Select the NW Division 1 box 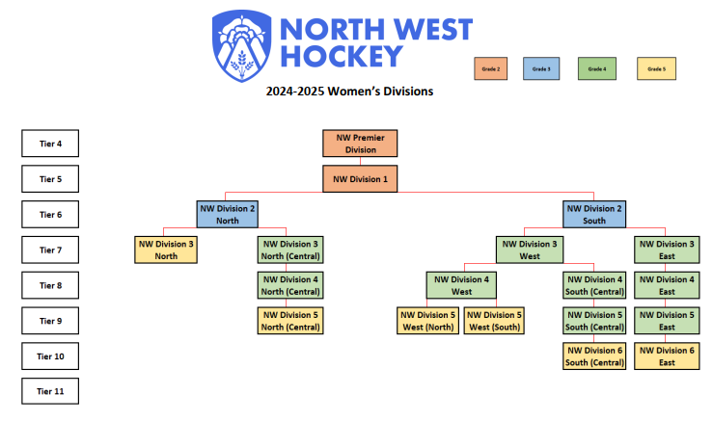coord(360,179)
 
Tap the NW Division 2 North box coord(227,214)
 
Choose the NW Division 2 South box coord(594,214)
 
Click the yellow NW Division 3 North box coord(166,250)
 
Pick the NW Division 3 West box coord(529,250)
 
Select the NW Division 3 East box coord(666,250)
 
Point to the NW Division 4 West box coord(461,285)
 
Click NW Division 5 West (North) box coord(427,321)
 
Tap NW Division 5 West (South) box coord(494,321)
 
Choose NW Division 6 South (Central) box coord(594,356)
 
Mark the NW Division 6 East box coord(666,356)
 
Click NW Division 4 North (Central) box coord(288,285)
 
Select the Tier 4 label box coord(50,144)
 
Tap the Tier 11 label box coord(50,392)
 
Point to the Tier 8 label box coord(50,285)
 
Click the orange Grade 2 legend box coord(491,68)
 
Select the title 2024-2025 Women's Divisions coord(349,92)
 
